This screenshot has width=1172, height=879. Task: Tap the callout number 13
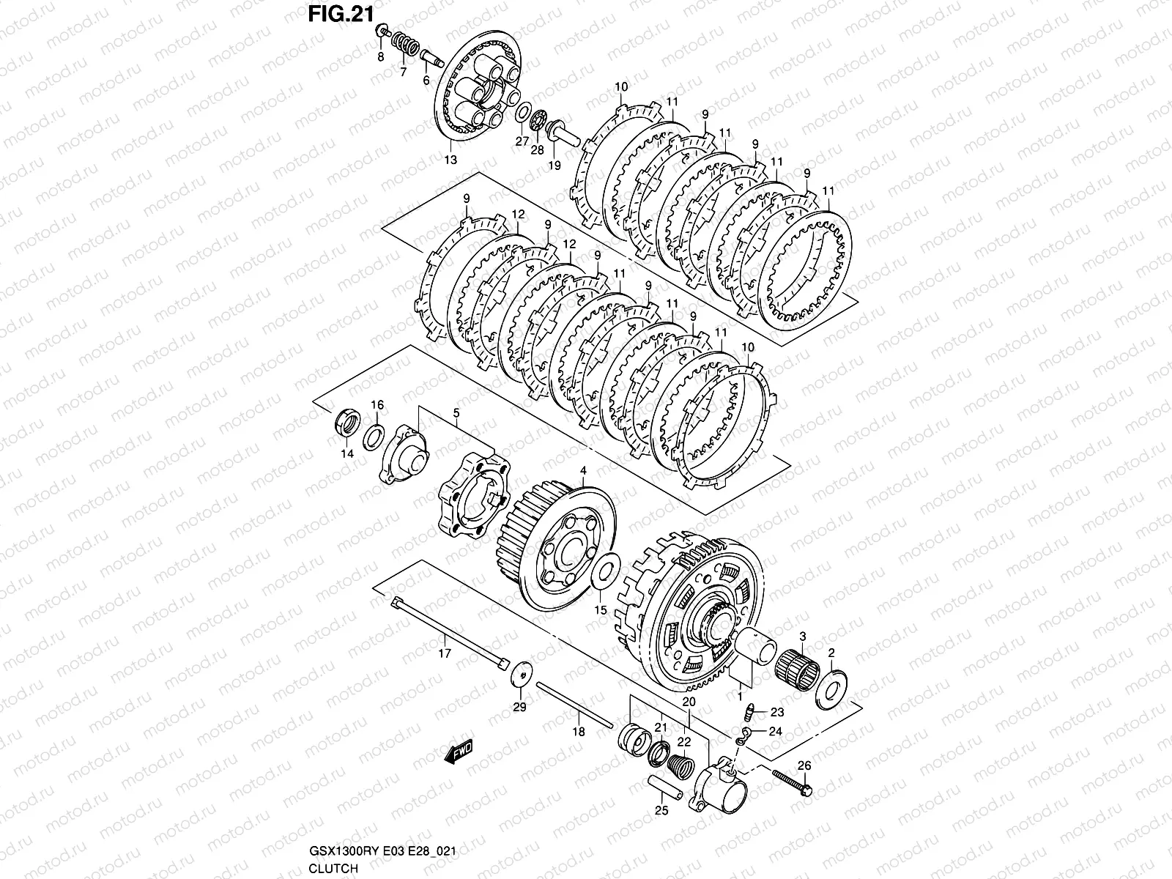coord(450,159)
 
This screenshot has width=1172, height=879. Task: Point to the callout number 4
coord(584,470)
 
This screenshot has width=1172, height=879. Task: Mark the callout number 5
coord(456,414)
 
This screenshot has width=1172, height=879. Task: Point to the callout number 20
coord(688,701)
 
